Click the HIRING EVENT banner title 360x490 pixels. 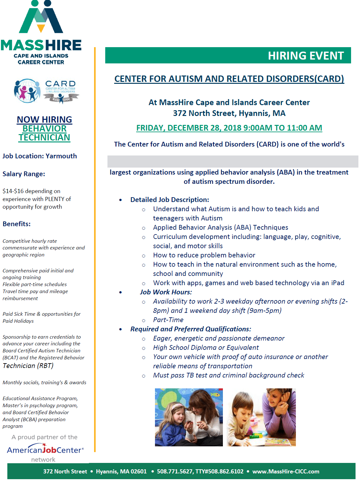coord(305,56)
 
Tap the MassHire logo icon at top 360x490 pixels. coord(41,18)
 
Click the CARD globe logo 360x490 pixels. coord(27,91)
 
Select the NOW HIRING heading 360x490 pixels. coord(44,119)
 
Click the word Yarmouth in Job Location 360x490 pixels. coord(61,156)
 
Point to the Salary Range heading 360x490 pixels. coord(24,174)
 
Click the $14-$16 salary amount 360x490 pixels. coord(13,191)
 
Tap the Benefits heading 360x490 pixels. coord(17,224)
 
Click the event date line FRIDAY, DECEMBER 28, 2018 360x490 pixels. coord(229,128)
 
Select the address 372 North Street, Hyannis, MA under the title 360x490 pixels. coord(229,113)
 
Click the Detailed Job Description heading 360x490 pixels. coord(170,200)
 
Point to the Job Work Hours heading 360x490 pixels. coord(166,292)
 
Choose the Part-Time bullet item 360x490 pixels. coord(168,320)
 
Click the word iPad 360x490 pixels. coord(337,283)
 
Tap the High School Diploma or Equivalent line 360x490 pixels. coord(206,348)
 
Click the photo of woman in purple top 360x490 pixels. coord(261,417)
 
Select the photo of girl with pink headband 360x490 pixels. coord(189,417)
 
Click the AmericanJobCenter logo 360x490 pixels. coord(45,450)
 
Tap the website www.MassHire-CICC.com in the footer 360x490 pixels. coord(286,472)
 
